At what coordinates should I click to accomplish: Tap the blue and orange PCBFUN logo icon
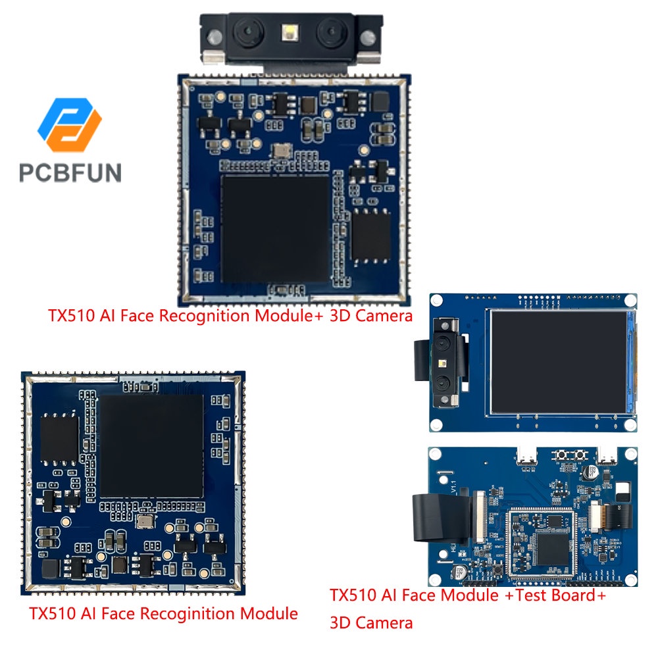pos(70,125)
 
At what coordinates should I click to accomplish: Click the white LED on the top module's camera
pos(289,30)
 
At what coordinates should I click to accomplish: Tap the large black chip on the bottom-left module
pos(151,447)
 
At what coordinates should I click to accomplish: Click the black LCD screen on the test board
pos(559,362)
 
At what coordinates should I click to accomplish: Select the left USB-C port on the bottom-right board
pos(528,457)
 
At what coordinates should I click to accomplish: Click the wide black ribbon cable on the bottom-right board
pos(428,520)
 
